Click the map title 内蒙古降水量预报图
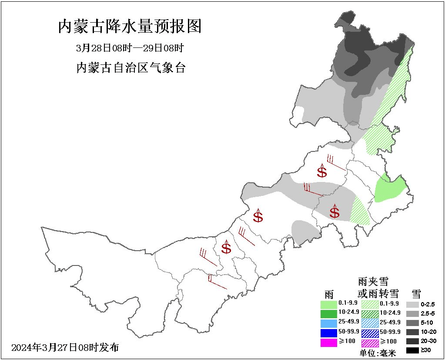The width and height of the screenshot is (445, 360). coord(130,27)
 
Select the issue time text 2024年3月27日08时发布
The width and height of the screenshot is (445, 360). coord(65,347)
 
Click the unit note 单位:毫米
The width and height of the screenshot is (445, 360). coord(378,353)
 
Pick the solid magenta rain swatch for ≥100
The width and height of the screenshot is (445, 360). coord(329,343)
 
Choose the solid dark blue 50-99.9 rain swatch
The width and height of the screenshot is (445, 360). coord(329,333)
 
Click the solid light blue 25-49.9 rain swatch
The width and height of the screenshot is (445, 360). coord(329,323)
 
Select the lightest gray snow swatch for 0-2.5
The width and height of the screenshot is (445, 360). coord(414,304)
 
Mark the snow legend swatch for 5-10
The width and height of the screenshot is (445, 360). coord(414,323)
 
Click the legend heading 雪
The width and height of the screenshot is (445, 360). coord(416,293)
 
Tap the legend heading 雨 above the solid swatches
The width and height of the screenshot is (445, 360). coord(329,293)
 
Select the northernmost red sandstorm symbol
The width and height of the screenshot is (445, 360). coord(322,171)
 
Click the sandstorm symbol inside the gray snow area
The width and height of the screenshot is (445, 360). coord(335,212)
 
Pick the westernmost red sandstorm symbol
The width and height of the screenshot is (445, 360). coord(226,247)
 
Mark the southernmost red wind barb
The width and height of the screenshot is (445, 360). coord(217,282)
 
